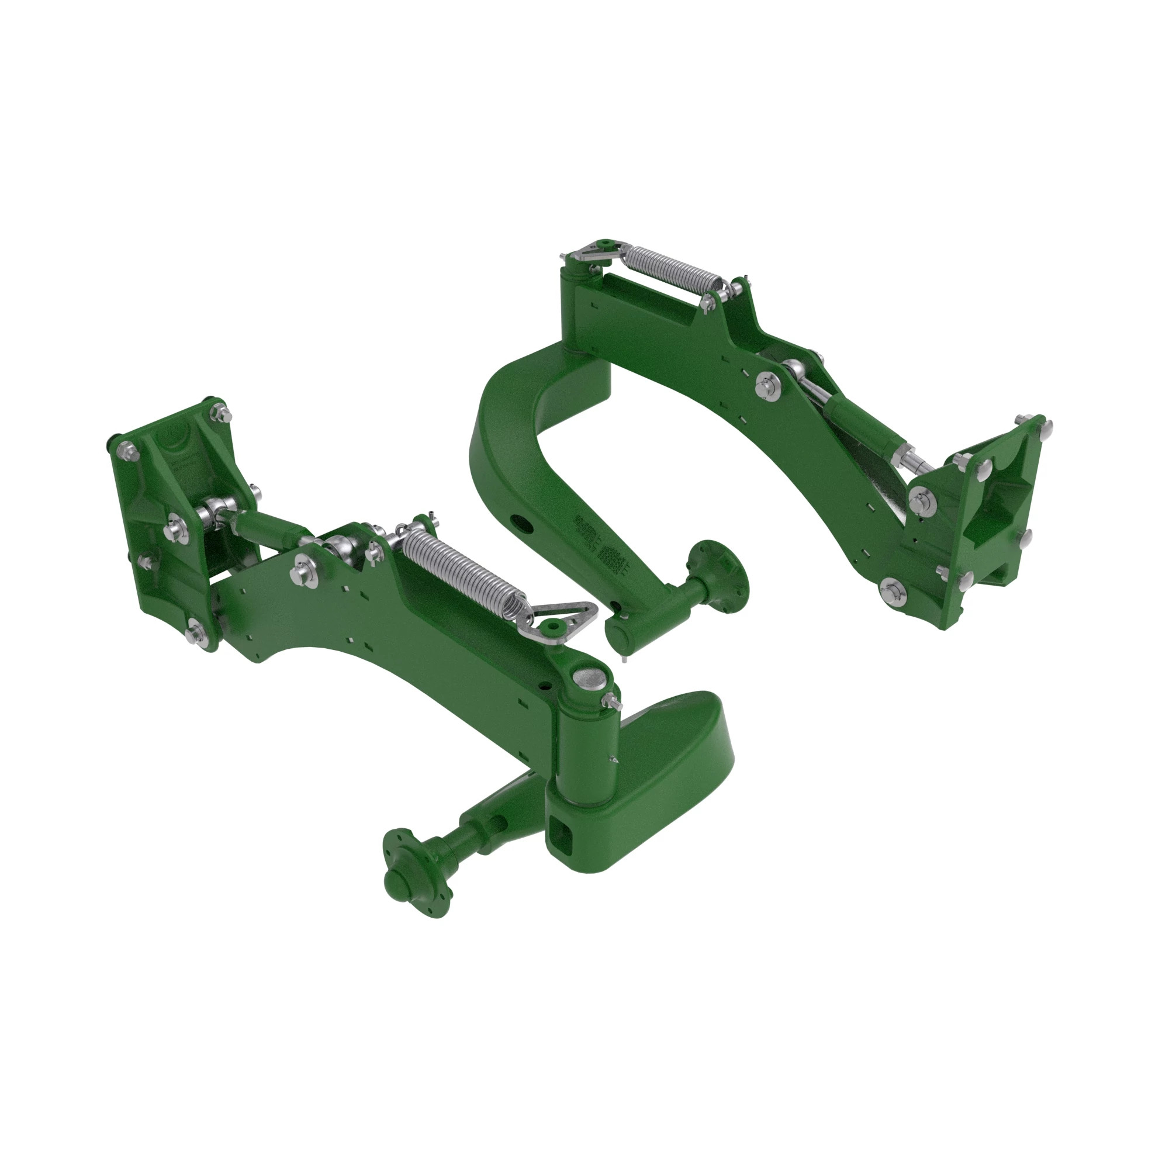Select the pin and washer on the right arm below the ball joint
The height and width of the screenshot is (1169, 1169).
766,382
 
